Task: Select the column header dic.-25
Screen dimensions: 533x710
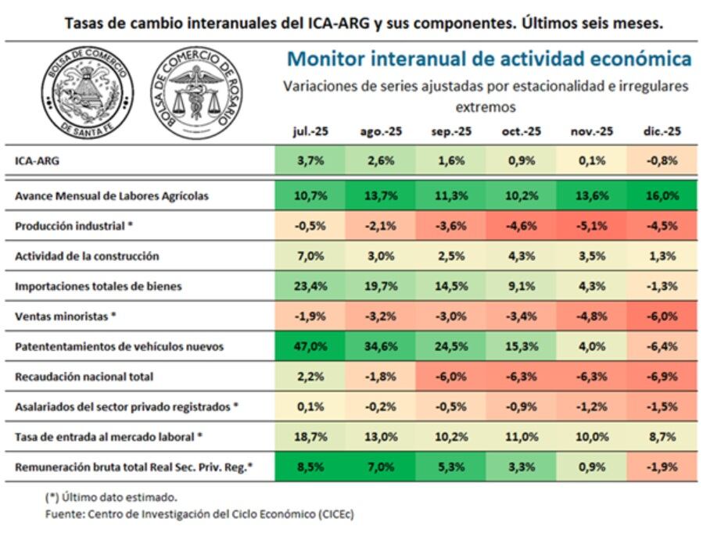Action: pyautogui.click(x=661, y=132)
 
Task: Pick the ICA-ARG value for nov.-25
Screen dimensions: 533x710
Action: pyautogui.click(x=590, y=161)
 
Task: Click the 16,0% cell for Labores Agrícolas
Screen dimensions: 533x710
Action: pyautogui.click(x=661, y=196)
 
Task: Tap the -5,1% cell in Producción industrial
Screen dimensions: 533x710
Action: pyautogui.click(x=590, y=226)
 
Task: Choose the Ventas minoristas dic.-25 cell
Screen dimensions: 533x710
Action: pyautogui.click(x=661, y=317)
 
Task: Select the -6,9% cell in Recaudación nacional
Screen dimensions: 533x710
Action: pyautogui.click(x=661, y=377)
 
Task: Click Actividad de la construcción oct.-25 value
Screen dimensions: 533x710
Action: pyautogui.click(x=520, y=256)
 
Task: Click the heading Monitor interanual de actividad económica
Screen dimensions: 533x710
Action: pyautogui.click(x=489, y=59)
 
